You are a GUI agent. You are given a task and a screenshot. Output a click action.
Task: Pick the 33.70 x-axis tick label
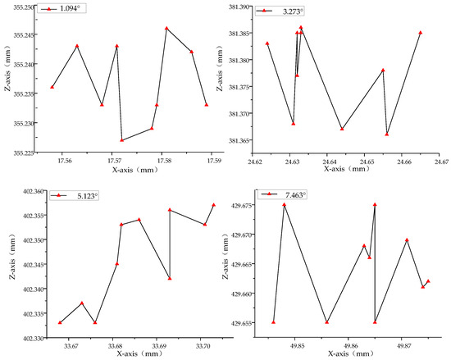click(x=204, y=348)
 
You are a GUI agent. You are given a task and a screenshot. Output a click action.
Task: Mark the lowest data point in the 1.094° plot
click(x=122, y=140)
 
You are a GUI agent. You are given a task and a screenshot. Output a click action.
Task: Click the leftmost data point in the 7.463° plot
click(x=274, y=322)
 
